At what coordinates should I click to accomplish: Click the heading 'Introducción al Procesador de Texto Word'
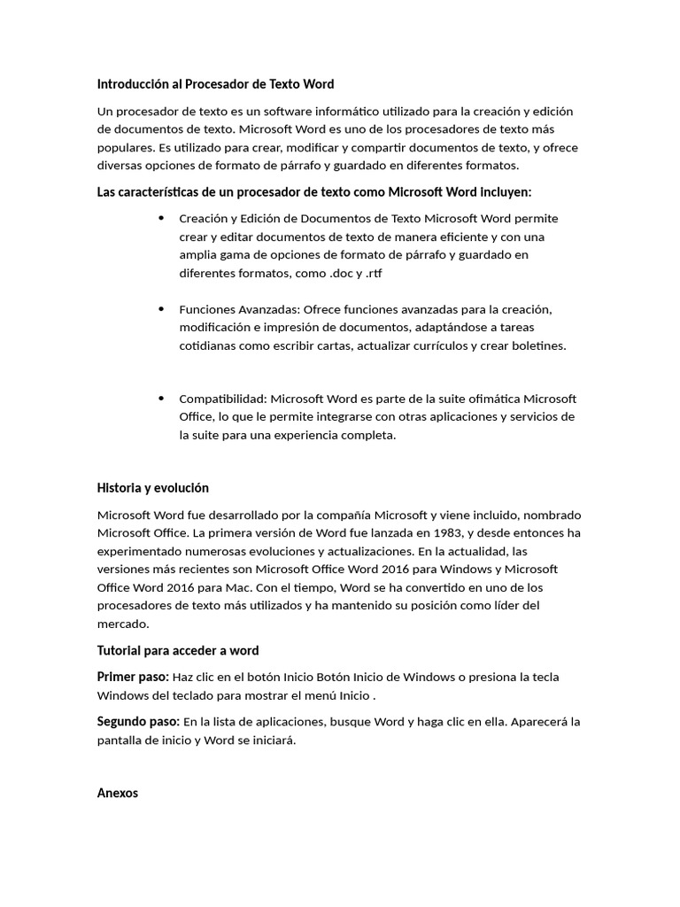point(215,84)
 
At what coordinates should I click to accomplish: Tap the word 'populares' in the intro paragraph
point(125,147)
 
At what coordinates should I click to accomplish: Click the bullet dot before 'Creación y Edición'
point(161,218)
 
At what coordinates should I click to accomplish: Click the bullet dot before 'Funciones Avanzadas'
point(161,309)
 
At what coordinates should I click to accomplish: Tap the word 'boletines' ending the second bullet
point(535,345)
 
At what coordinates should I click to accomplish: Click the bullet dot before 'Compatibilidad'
point(161,399)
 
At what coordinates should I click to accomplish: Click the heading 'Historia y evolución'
point(152,488)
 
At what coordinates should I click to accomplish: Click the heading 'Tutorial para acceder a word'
point(177,651)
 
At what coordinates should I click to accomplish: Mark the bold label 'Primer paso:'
point(133,677)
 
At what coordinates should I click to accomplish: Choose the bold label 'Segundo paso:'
point(138,722)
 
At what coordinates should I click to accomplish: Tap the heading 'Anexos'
point(117,794)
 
